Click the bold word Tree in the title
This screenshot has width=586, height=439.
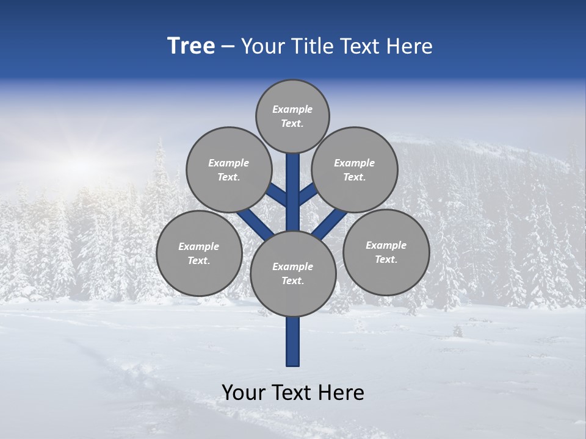coord(191,46)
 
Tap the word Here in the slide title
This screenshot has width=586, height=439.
coord(409,46)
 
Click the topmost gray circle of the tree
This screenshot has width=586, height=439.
coord(292,116)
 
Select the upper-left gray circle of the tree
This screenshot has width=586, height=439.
coord(228,170)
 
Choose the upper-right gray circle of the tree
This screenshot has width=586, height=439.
coord(354,170)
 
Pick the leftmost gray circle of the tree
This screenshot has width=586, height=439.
coord(198,253)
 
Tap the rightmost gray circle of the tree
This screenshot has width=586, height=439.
coord(386,252)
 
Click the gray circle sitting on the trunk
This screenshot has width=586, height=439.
coord(293,273)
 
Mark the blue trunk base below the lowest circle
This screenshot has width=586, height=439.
coord(293,341)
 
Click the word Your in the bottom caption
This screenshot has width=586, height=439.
coord(242,393)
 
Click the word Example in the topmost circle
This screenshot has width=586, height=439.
coord(292,109)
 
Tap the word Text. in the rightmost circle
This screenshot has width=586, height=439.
coord(386,259)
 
